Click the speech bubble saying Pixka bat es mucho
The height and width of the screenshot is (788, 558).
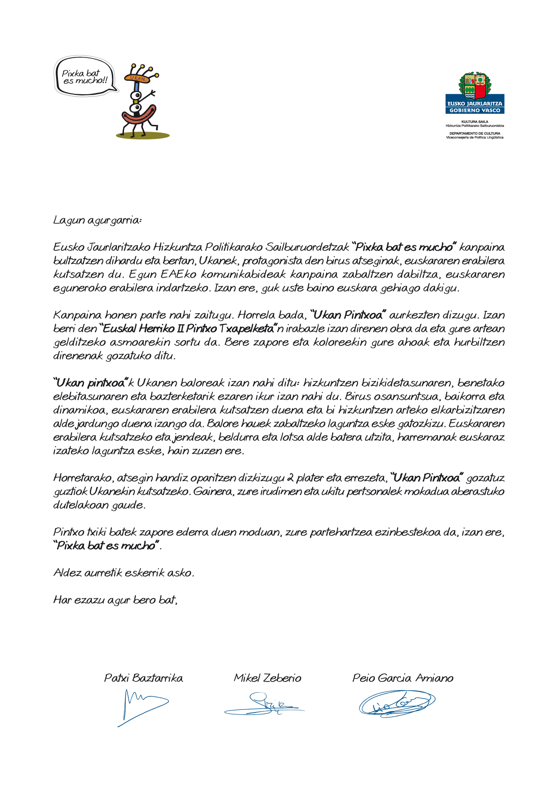85,77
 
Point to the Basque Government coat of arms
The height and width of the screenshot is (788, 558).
474,86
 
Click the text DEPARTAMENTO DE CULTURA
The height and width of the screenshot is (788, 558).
474,133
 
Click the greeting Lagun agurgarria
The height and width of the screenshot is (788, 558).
97,220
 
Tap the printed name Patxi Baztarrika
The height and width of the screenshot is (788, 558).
143,678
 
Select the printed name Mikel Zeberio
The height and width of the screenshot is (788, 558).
267,678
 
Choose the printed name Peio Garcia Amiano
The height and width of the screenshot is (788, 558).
403,678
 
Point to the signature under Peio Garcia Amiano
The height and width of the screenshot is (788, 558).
397,703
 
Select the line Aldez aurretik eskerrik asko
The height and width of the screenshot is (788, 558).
124,573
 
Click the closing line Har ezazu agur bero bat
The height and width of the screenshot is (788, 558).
115,600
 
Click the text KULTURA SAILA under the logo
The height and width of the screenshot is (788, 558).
474,122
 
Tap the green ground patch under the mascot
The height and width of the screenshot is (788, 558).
143,135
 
